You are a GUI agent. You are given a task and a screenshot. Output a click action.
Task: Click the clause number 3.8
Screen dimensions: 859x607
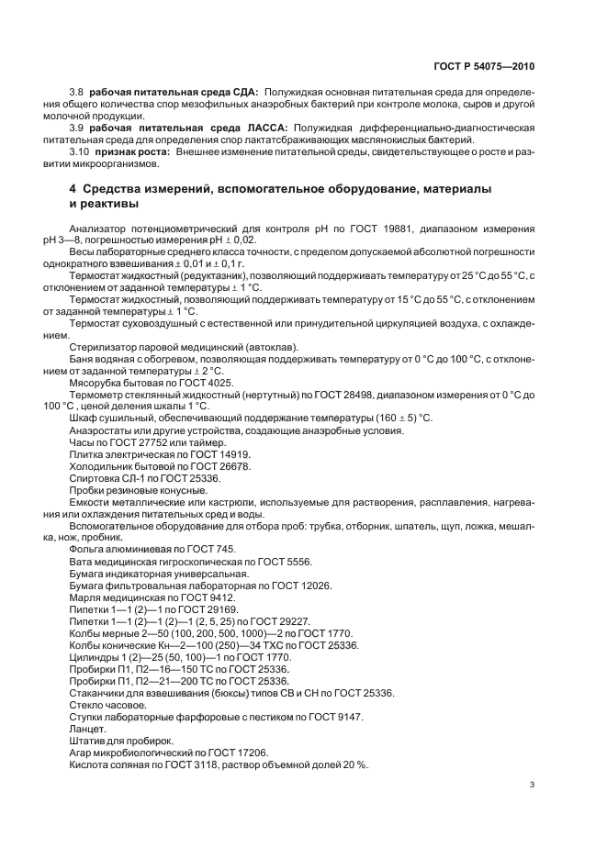76,92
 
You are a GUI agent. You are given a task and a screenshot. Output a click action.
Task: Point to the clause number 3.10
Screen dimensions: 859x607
79,151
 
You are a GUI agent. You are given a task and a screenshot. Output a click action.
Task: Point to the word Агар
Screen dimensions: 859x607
82,752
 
